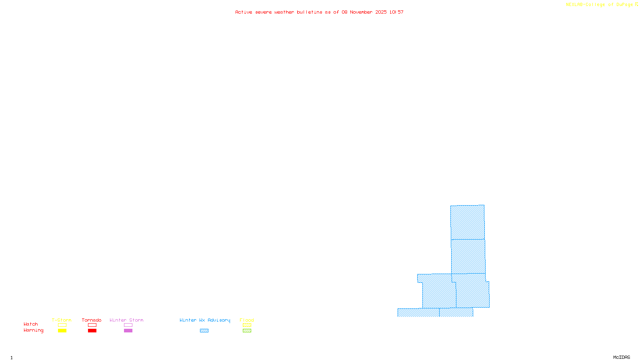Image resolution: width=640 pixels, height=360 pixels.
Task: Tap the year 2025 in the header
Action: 381,12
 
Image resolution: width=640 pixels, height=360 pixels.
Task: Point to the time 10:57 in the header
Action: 396,12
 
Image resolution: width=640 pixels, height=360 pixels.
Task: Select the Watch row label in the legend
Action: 31,324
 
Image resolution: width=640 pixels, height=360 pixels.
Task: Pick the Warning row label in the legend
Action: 34,330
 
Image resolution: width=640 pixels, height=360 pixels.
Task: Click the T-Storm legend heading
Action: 62,320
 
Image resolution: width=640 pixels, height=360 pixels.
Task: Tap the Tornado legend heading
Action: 92,320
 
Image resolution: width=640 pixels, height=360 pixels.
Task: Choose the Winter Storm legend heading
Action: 126,320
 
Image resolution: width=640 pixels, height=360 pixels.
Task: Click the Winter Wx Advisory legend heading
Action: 205,320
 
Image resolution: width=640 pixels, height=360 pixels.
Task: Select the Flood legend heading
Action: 247,320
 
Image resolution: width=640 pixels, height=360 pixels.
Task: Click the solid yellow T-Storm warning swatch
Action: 62,331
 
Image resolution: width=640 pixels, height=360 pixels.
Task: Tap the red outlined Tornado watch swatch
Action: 92,325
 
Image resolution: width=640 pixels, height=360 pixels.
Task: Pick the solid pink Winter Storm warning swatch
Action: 128,331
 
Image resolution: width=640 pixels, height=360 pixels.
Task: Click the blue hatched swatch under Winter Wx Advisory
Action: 204,331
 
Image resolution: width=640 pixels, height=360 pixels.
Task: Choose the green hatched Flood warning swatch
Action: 247,331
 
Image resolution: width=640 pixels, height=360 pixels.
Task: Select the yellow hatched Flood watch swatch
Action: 247,325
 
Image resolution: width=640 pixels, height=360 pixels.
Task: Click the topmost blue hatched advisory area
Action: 467,222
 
